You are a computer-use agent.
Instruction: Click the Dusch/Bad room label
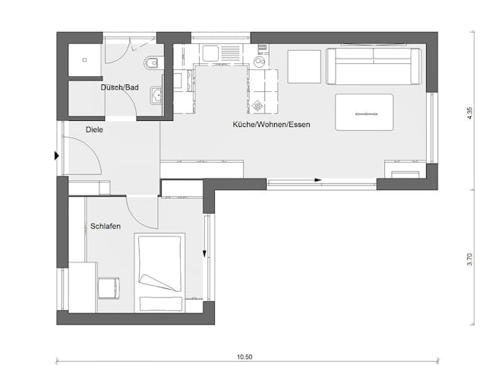click(x=120, y=87)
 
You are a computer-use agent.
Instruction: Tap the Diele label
click(x=94, y=130)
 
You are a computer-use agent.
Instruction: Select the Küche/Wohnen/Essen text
click(x=272, y=124)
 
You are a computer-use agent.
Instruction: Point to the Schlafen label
click(x=106, y=227)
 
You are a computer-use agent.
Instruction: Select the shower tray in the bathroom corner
click(x=85, y=60)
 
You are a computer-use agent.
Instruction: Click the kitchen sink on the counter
click(x=210, y=54)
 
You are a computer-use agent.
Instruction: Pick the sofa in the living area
click(x=374, y=65)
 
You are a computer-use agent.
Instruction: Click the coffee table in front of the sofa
click(x=364, y=113)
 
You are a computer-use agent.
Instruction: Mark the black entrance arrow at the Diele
click(x=57, y=156)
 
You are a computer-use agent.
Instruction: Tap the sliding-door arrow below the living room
click(x=318, y=180)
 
